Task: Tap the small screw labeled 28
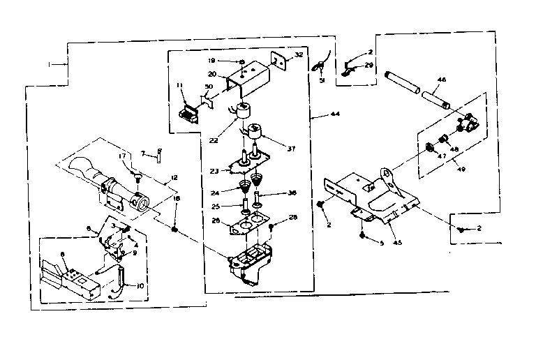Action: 271,225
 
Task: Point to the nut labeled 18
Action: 175,230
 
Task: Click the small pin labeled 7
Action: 158,155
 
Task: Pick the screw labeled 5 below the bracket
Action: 362,236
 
